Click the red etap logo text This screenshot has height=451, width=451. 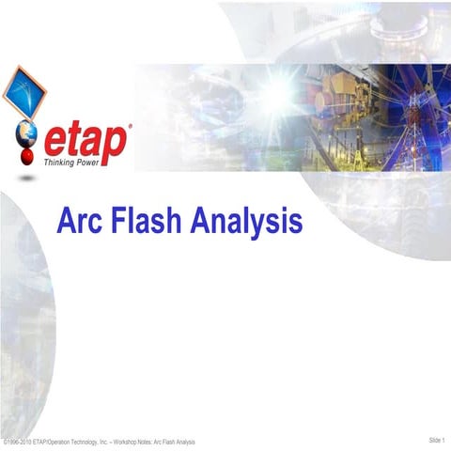point(85,142)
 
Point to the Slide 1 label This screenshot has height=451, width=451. point(437,440)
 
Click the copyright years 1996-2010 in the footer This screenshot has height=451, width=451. point(21,442)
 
